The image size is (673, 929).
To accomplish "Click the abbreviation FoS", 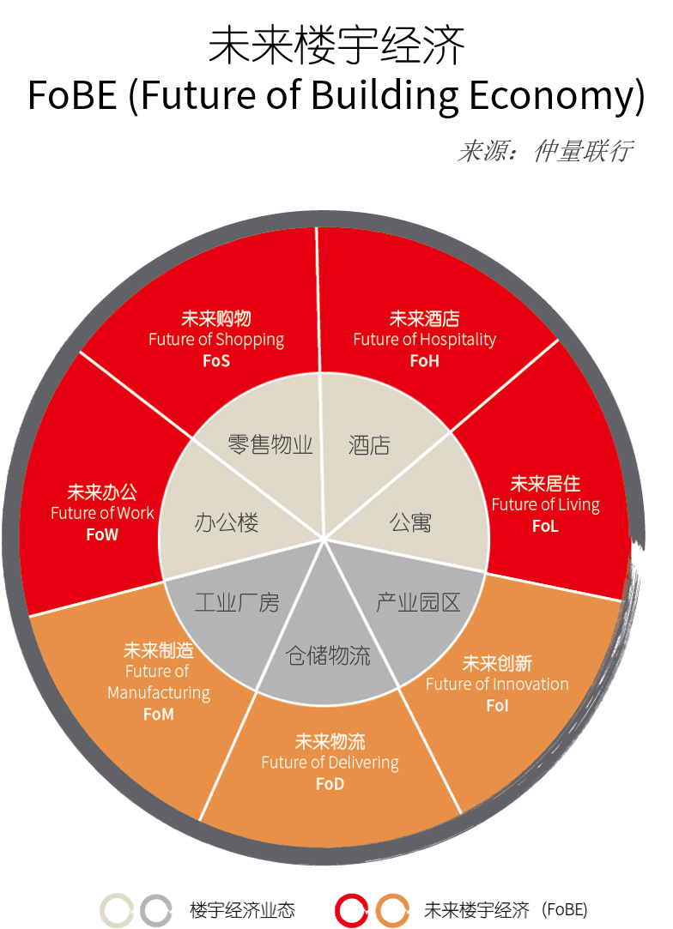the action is [x=215, y=361].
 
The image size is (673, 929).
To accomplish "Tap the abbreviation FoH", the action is [x=425, y=361].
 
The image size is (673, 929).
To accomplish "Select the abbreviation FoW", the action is [x=102, y=535].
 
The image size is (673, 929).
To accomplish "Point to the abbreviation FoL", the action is [x=545, y=526].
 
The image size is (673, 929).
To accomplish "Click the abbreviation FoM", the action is [x=158, y=715].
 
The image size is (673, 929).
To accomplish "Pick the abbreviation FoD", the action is [x=330, y=784].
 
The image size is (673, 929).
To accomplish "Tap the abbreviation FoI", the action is [x=497, y=706].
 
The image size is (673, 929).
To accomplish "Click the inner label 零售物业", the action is [x=270, y=444].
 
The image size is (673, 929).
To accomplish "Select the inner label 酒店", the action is [x=369, y=445].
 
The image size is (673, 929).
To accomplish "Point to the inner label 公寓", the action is [x=410, y=522].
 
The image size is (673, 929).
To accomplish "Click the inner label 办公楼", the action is [x=227, y=522].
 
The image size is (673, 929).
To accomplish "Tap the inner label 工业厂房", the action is [x=237, y=602].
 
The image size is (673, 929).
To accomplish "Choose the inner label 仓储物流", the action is [x=328, y=655].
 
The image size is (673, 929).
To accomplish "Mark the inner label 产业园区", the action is [x=418, y=602].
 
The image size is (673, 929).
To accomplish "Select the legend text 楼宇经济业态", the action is [x=242, y=910].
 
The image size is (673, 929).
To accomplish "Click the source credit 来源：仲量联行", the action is [x=545, y=151].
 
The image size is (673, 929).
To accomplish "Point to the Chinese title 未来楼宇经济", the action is [x=336, y=45].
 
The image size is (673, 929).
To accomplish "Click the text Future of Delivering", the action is [x=330, y=763].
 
